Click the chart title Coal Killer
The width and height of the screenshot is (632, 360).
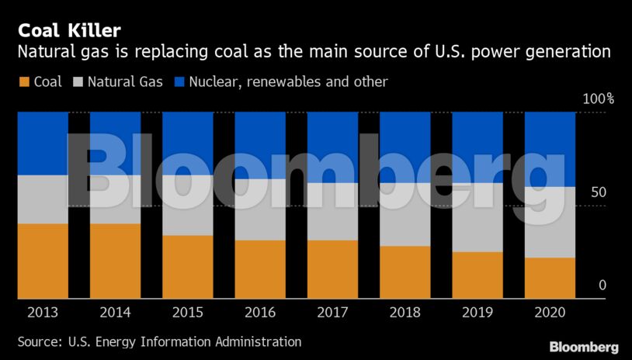(69, 30)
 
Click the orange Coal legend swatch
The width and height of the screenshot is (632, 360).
(23, 81)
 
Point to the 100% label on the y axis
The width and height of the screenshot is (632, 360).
(598, 99)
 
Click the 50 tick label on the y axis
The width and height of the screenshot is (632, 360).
(598, 192)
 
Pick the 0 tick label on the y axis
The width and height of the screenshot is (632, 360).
(602, 286)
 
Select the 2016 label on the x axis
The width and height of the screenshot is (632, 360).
(260, 313)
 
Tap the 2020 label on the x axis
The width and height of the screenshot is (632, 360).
(550, 313)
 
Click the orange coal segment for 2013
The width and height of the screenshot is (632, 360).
(43, 261)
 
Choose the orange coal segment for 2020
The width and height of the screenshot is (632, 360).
(550, 278)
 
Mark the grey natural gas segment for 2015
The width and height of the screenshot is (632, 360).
(188, 205)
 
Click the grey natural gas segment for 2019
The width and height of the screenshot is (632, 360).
(477, 219)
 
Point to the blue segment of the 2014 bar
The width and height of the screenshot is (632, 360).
(115, 144)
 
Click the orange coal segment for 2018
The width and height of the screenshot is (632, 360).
(405, 272)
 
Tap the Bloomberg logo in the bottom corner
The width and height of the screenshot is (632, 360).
(584, 347)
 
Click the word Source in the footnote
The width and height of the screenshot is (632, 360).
(37, 341)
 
